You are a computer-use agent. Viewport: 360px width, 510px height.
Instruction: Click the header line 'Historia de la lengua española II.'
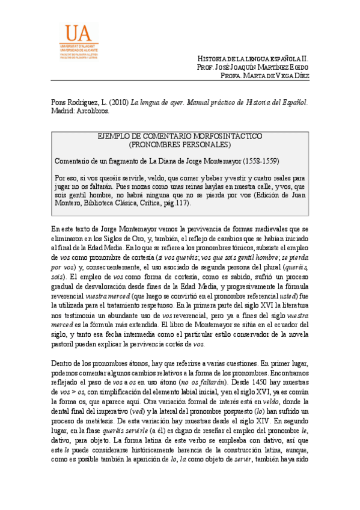[x=254, y=58]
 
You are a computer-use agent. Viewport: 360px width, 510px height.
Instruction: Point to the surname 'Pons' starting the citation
[x=59, y=102]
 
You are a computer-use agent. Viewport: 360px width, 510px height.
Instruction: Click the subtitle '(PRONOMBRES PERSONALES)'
[x=180, y=145]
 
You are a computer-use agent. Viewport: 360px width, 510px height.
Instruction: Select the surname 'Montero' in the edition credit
[x=67, y=203]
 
